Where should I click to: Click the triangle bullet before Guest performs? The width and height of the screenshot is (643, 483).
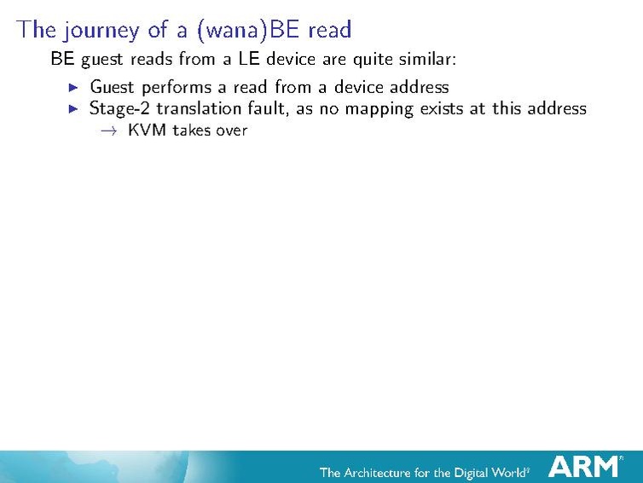point(73,87)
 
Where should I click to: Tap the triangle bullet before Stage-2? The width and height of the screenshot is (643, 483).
point(73,108)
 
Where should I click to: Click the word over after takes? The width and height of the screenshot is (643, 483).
point(231,131)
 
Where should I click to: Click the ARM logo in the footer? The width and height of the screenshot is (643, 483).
point(585,466)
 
